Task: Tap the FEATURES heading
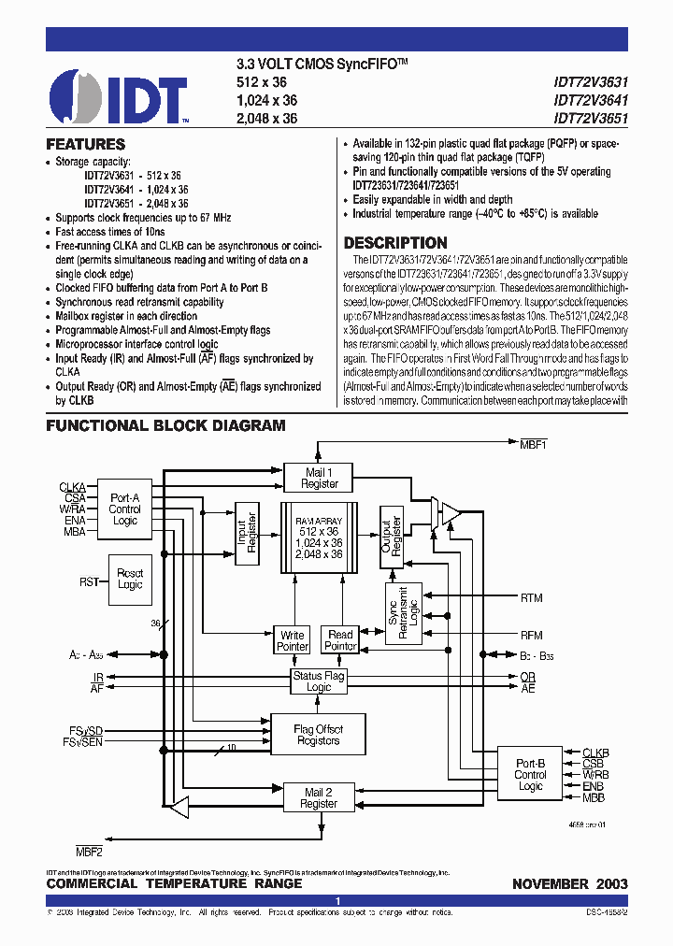click(86, 145)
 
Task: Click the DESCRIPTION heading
click(395, 243)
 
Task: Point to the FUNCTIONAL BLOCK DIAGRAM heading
click(166, 426)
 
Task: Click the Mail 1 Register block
click(320, 478)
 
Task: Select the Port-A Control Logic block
click(124, 509)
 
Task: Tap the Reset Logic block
click(131, 579)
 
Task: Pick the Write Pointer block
click(293, 641)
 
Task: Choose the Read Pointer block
click(340, 641)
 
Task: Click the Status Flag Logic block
click(319, 681)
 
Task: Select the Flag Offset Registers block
click(318, 735)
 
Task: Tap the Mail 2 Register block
click(319, 797)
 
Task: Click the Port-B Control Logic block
click(530, 775)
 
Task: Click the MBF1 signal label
click(533, 446)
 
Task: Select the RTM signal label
click(531, 598)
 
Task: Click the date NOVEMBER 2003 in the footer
click(569, 884)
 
